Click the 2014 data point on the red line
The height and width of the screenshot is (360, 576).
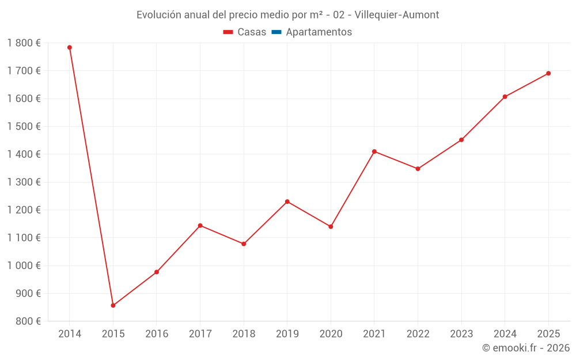(70, 47)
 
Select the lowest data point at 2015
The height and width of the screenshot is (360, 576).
(113, 305)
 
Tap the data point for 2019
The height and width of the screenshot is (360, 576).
(287, 202)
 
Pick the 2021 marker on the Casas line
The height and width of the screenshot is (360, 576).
(374, 151)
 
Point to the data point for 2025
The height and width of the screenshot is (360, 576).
(548, 74)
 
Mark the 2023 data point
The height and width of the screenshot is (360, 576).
(461, 140)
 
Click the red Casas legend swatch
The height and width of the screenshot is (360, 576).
(228, 32)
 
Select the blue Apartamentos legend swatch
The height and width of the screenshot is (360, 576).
(276, 32)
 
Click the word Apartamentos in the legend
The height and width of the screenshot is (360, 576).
(319, 32)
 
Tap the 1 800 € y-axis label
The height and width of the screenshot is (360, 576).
(24, 43)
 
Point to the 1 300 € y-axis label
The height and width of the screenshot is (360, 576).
(24, 182)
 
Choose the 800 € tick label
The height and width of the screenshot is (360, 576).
(28, 321)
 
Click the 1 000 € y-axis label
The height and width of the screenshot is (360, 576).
(24, 266)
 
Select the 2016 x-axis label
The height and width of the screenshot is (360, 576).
(157, 334)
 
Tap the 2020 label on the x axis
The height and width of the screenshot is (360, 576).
(331, 334)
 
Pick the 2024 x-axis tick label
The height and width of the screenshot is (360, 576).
(505, 334)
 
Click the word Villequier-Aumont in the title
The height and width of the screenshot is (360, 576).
(397, 15)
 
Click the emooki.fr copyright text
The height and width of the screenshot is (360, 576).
(526, 347)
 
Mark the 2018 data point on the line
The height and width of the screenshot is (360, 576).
(244, 244)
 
